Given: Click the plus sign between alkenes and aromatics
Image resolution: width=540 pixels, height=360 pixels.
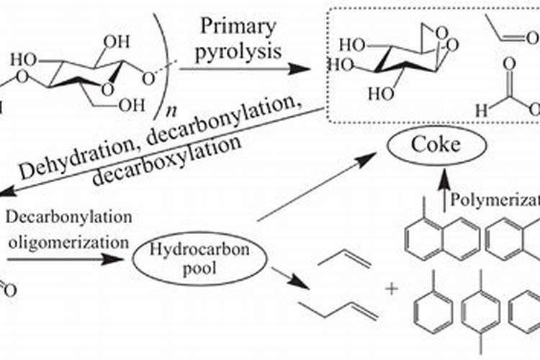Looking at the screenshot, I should click(392, 289).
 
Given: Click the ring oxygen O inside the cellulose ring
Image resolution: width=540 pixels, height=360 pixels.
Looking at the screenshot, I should click(108, 89).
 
